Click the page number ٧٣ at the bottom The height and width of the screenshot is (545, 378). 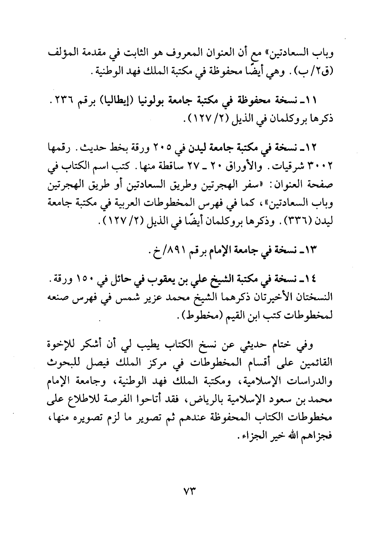188,492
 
